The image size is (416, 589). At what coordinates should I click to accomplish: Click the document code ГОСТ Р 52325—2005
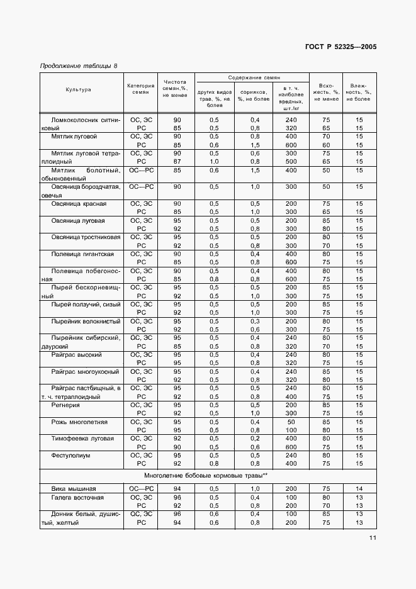[341, 47]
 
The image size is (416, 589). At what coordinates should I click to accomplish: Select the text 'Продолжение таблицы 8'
[78, 66]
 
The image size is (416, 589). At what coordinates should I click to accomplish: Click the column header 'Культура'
[79, 90]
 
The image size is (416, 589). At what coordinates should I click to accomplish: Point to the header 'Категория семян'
[140, 89]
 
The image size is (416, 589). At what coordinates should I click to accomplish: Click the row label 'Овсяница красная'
[79, 204]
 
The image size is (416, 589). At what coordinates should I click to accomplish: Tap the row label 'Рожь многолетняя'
[79, 422]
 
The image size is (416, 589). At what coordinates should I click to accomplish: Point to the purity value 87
[177, 161]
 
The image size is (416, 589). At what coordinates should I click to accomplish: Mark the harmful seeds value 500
[290, 161]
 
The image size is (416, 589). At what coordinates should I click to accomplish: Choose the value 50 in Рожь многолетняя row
[290, 422]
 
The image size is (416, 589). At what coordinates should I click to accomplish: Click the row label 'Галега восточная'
[78, 497]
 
